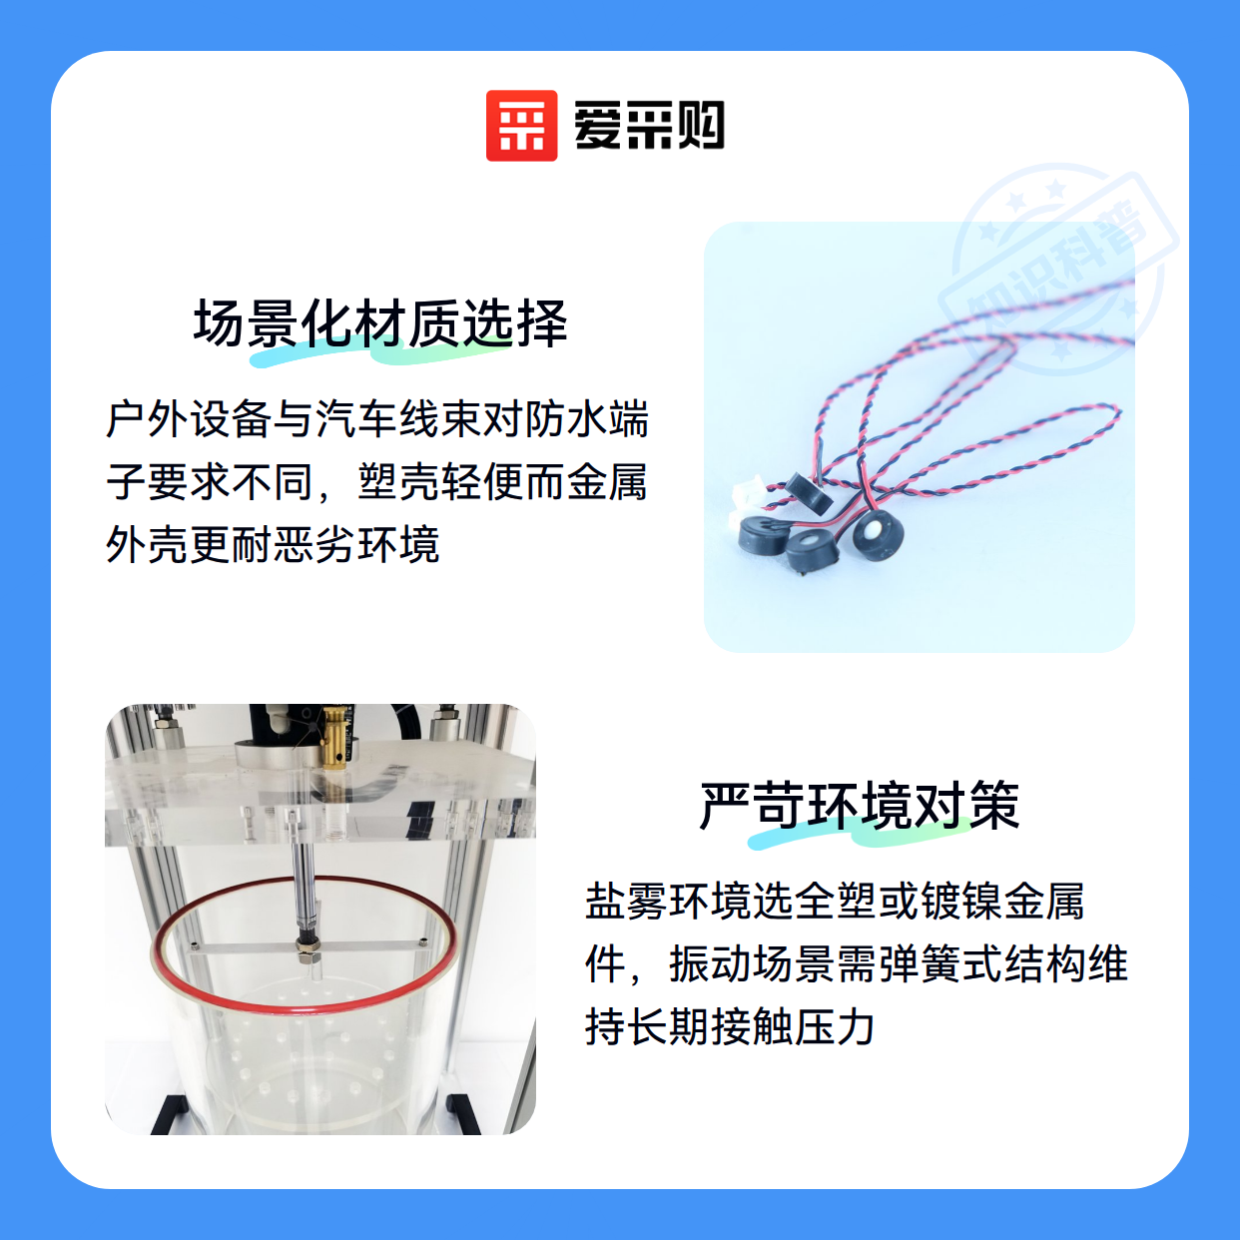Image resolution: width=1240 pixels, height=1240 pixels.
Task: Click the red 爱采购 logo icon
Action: (x=521, y=126)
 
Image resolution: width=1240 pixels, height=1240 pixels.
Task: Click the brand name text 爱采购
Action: (x=649, y=126)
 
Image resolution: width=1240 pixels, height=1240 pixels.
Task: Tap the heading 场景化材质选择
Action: (x=380, y=323)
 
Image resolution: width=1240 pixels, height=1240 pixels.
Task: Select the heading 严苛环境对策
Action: (x=860, y=805)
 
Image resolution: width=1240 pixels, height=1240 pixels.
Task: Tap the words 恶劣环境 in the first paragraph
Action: (x=356, y=544)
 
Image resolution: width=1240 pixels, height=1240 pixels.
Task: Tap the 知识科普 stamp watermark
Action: (x=1058, y=271)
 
